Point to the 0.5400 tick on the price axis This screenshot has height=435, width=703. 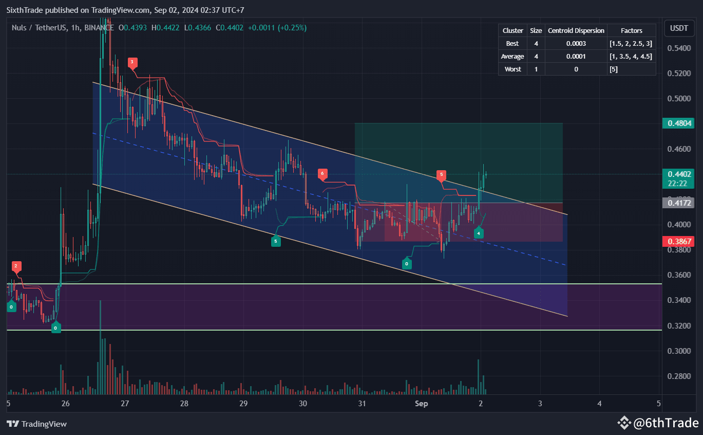coord(678,48)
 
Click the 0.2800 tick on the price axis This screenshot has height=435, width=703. coord(678,376)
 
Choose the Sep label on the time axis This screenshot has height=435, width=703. coord(421,404)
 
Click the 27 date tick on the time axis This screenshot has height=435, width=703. coord(125,404)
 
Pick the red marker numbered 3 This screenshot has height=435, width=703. coord(132,62)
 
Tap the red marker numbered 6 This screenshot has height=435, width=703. coord(322,174)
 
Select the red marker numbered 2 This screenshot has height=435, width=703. coord(16,266)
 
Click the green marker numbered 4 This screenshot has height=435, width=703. coord(479,233)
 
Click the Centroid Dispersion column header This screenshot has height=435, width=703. coord(576,31)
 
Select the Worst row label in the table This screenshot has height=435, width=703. coord(512,69)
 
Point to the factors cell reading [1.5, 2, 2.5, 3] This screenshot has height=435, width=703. coord(631,44)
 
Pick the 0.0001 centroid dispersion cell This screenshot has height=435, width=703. coord(576,57)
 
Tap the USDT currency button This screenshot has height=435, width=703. coord(678,28)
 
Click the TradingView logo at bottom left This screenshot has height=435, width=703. coord(36,424)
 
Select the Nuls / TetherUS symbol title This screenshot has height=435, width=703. coord(39,28)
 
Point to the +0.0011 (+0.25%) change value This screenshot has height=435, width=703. coord(277,28)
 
